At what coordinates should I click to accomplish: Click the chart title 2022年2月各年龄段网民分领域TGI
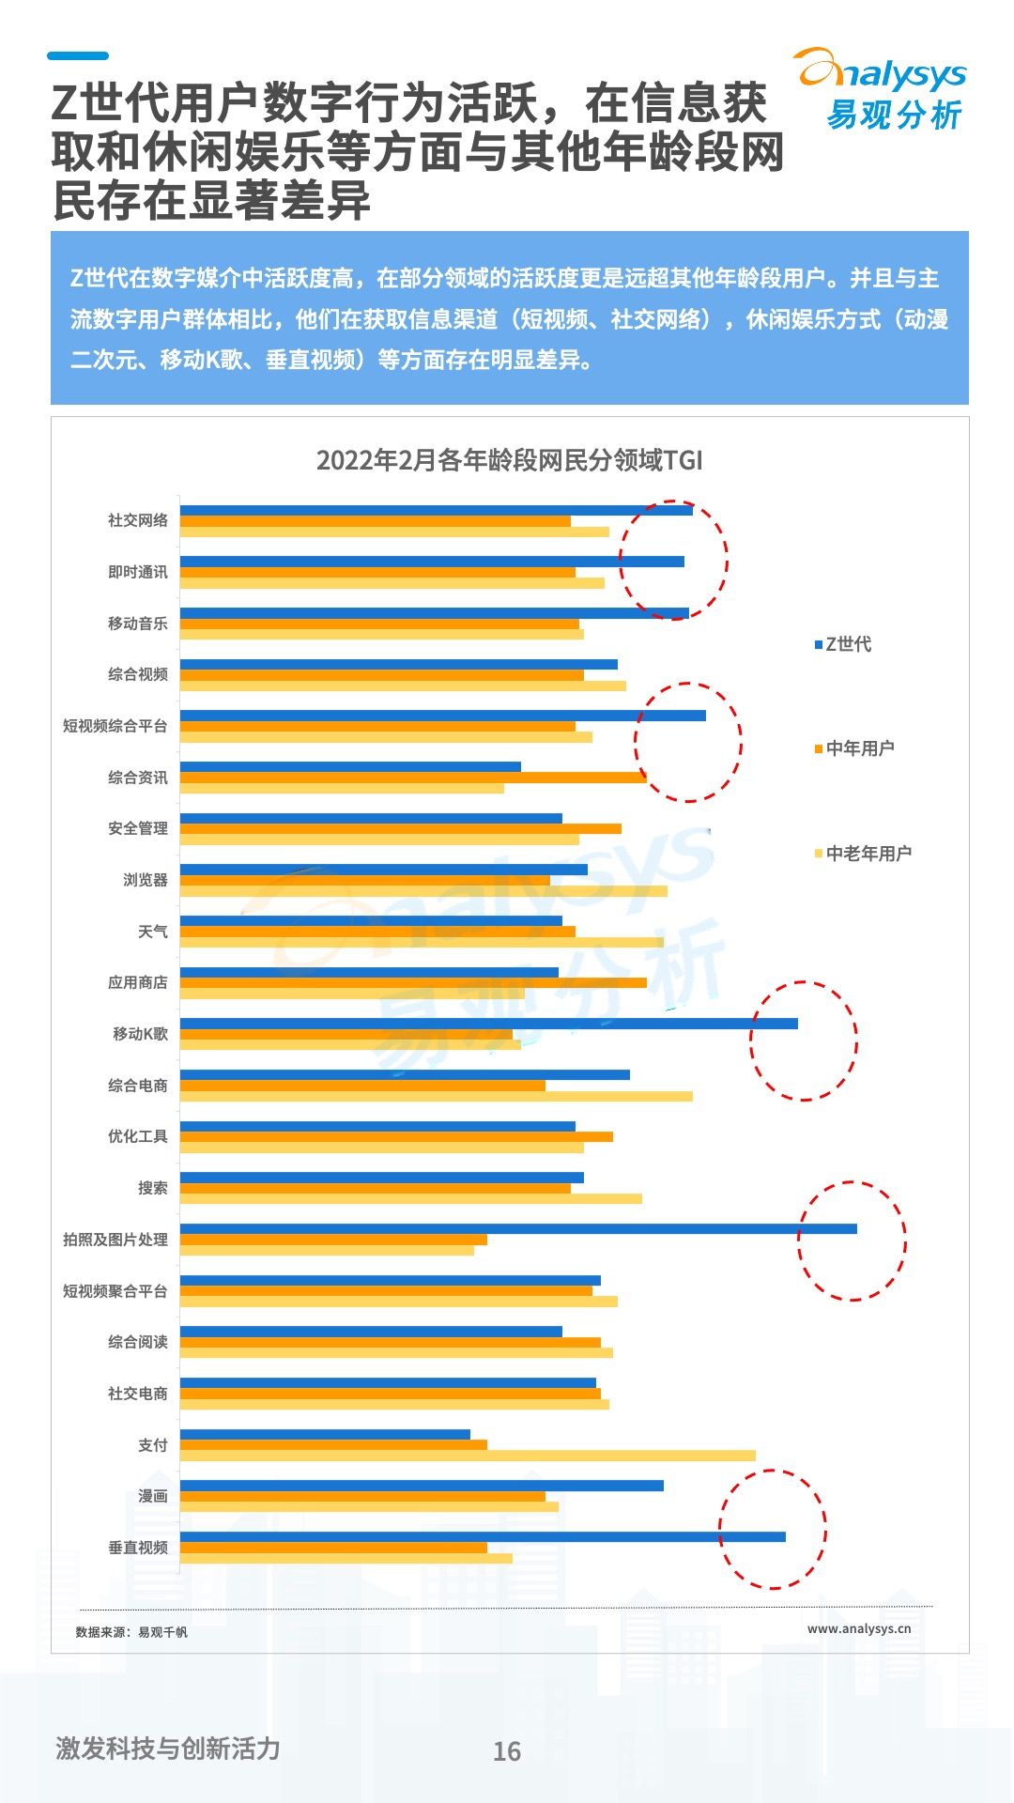509,460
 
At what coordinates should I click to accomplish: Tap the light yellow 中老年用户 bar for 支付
468,1456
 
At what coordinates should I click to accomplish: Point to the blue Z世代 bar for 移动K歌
488,1024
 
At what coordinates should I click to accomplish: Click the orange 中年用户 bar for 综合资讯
413,777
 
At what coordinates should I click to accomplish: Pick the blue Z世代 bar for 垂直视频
483,1536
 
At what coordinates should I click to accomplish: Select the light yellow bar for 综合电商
436,1096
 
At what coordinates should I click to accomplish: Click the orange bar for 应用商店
413,982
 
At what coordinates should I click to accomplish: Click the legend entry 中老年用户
864,854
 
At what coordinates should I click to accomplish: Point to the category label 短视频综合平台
115,726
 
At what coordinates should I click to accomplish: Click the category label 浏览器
146,880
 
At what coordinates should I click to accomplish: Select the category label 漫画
153,1496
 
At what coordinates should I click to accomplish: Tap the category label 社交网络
138,520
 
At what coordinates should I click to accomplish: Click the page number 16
507,1751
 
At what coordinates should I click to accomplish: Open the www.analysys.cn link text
859,1628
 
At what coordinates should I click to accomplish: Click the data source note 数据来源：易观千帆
131,1632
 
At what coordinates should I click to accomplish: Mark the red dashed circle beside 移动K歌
804,1040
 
